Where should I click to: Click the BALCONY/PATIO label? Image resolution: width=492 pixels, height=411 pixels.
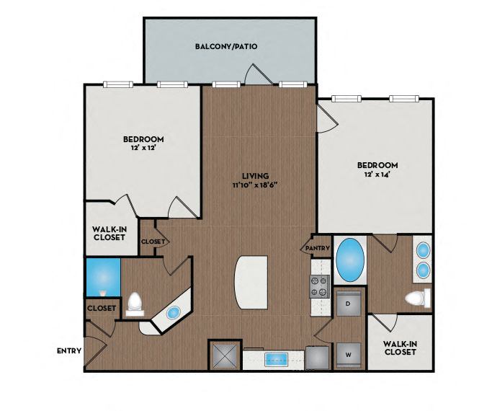click(226, 46)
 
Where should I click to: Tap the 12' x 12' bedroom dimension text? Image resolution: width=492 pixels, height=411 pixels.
click(143, 148)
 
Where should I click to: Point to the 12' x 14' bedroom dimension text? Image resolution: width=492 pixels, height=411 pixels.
click(377, 174)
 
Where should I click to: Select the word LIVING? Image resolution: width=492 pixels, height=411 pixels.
click(256, 175)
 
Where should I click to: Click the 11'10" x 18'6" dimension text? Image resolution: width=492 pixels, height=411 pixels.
click(255, 185)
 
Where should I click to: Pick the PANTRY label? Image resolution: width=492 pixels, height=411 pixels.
click(317, 249)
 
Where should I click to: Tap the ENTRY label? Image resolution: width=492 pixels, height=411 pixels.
click(68, 351)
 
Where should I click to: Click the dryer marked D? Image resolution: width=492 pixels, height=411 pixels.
click(348, 304)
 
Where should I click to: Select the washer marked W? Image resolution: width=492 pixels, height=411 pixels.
click(348, 354)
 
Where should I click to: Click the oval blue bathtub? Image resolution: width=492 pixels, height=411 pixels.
click(350, 260)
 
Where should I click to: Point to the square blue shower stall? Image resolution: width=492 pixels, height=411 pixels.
click(102, 276)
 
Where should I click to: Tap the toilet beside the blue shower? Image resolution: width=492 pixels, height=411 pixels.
click(135, 304)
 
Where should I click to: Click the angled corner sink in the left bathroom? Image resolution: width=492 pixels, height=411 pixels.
click(173, 314)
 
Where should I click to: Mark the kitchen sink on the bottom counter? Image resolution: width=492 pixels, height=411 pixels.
click(276, 359)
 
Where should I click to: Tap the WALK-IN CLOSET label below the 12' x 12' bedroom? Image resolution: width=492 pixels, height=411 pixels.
click(111, 235)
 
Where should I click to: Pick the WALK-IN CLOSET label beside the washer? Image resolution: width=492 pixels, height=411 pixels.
click(400, 348)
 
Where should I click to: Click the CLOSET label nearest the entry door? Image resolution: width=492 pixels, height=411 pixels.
click(102, 308)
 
